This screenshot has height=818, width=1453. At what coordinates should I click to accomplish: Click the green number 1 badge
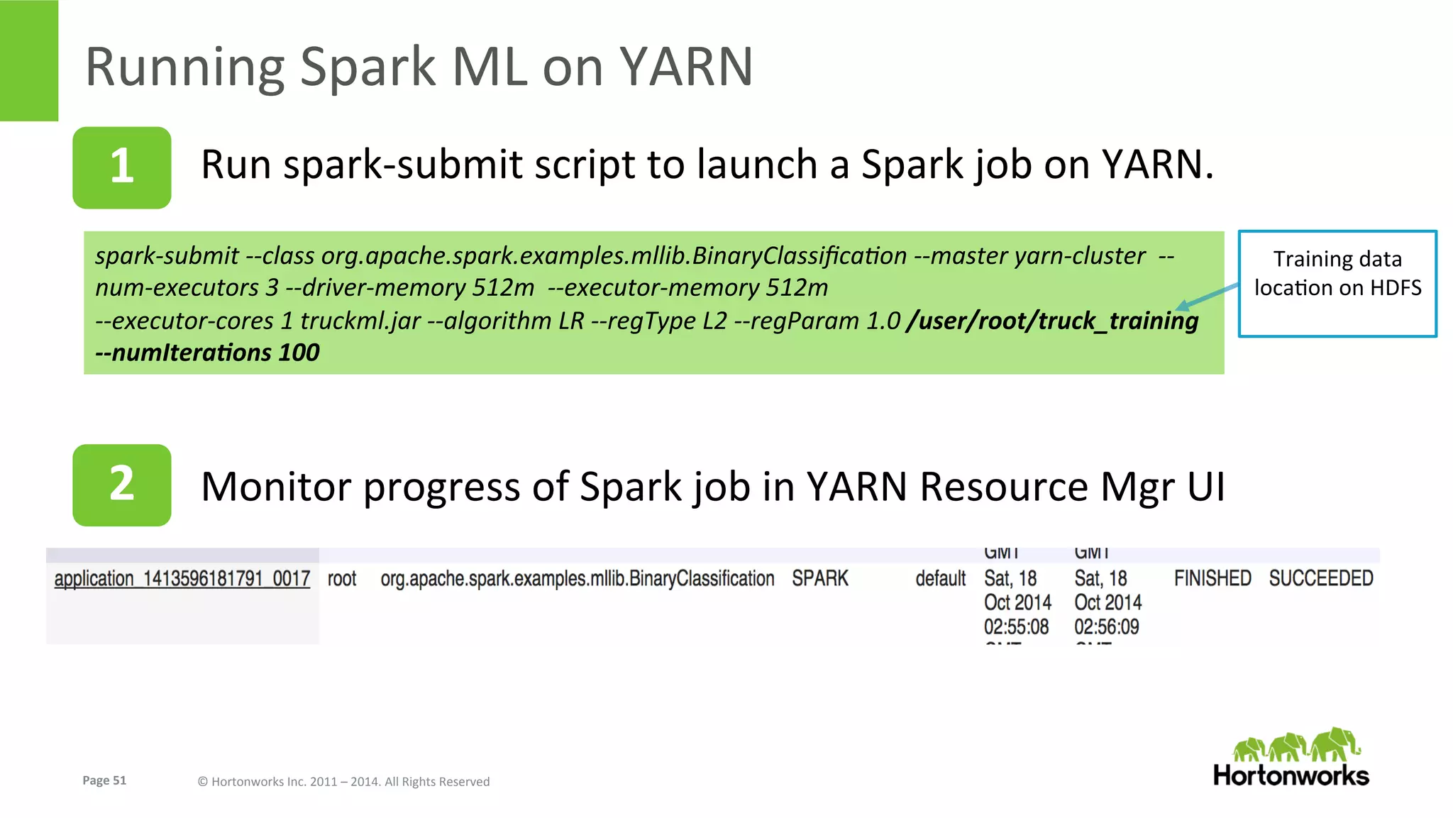pyautogui.click(x=121, y=167)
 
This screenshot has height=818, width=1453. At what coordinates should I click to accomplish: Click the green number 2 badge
pyautogui.click(x=121, y=485)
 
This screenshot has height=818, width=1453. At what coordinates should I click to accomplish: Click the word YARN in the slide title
pyautogui.click(x=685, y=67)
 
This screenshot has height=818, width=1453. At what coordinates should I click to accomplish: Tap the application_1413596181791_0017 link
pyautogui.click(x=182, y=579)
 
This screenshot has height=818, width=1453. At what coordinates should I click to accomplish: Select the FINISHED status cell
pyautogui.click(x=1212, y=579)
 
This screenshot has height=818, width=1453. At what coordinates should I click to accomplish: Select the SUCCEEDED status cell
pyautogui.click(x=1320, y=579)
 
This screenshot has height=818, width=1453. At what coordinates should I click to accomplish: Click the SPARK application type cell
pyautogui.click(x=819, y=579)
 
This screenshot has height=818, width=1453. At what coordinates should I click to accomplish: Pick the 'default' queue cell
pyautogui.click(x=940, y=579)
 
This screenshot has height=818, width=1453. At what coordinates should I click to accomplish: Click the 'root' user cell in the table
pyautogui.click(x=341, y=579)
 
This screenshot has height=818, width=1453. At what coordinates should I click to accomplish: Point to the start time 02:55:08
pyautogui.click(x=1016, y=627)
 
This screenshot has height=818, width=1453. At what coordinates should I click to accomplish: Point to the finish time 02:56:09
pyautogui.click(x=1106, y=627)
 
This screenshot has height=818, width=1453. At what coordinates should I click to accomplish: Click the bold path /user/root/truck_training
pyautogui.click(x=1052, y=321)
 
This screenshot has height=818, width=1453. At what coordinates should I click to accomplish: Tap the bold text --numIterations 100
pyautogui.click(x=207, y=353)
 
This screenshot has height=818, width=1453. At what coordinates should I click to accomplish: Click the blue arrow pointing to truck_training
pyautogui.click(x=1208, y=296)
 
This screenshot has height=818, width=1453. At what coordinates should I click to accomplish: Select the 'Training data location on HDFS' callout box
pyautogui.click(x=1337, y=283)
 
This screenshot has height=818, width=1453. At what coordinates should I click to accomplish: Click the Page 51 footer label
pyautogui.click(x=104, y=780)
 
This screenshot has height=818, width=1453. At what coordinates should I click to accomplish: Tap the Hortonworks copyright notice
pyautogui.click(x=343, y=782)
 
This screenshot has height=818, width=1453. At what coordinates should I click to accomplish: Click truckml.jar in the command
pyautogui.click(x=360, y=321)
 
